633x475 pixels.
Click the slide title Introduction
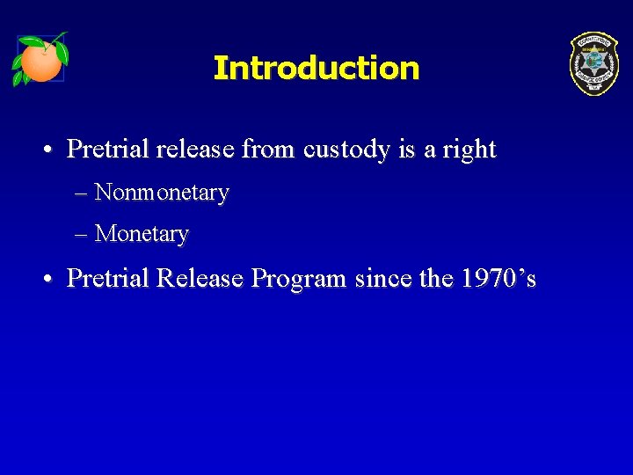[316, 68]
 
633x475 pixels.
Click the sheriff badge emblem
[593, 63]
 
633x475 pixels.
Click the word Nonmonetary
[162, 192]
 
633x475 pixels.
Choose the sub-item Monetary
[142, 234]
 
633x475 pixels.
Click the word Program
[300, 280]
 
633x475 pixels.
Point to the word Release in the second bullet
[200, 279]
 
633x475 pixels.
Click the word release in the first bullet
[195, 150]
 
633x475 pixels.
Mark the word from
[269, 150]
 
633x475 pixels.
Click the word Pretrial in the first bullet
[108, 150]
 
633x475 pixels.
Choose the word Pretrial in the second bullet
[108, 279]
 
